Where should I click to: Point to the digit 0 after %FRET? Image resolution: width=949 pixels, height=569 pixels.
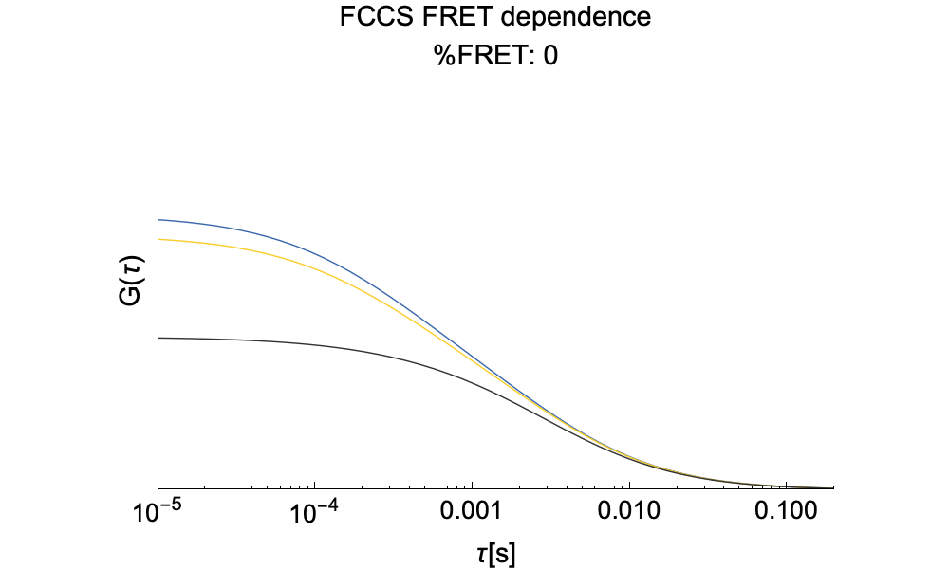[x=550, y=56]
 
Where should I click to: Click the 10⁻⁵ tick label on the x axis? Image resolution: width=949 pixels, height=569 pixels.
[x=158, y=512]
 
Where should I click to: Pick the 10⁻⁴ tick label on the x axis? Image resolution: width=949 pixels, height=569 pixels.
[x=314, y=512]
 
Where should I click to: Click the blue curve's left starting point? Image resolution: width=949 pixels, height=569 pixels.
[x=158, y=220]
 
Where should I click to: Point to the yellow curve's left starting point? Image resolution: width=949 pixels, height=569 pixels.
[x=158, y=240]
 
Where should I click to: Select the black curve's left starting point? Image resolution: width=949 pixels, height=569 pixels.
[x=158, y=338]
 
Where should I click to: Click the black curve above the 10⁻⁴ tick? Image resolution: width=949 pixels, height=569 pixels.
[x=314, y=345]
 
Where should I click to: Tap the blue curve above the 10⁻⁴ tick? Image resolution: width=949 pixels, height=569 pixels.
[x=314, y=251]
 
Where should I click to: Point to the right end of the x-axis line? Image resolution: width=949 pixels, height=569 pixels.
[x=833, y=488]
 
